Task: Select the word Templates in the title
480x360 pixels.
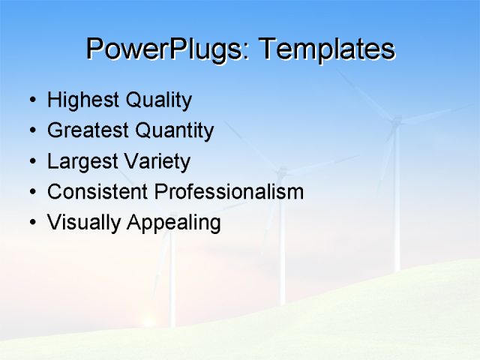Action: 326,49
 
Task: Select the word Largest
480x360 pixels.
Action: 80,162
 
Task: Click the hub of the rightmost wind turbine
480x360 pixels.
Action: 397,120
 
